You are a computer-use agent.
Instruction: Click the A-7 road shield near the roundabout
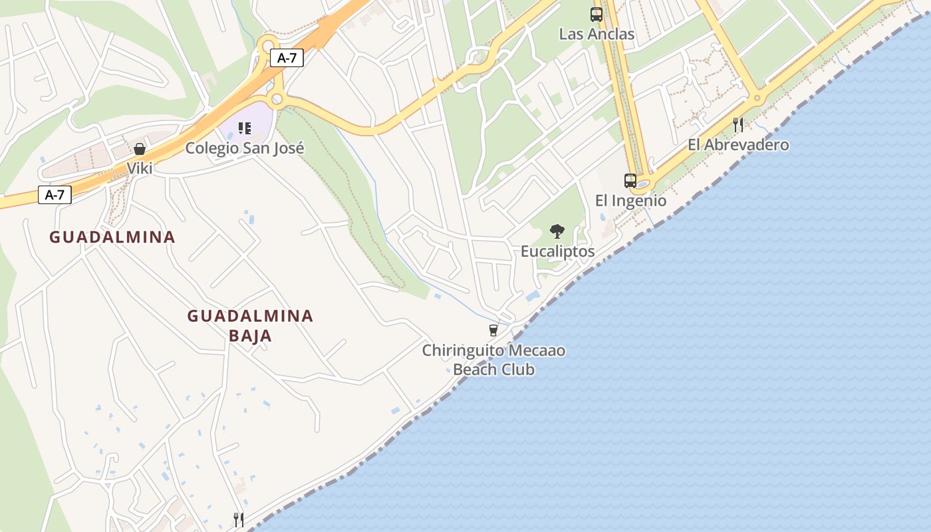(x=287, y=58)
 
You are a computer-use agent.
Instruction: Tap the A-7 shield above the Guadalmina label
(x=55, y=195)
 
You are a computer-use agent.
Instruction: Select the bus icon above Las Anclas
(x=597, y=14)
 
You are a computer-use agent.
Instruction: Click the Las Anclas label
(x=597, y=34)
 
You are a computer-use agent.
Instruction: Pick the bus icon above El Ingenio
(x=630, y=180)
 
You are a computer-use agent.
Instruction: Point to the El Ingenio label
(x=630, y=200)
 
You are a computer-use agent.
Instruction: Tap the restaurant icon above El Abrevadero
(x=737, y=124)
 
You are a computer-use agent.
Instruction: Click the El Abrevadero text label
(x=738, y=144)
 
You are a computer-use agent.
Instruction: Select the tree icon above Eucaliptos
(x=557, y=231)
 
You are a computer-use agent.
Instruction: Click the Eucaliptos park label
(x=557, y=251)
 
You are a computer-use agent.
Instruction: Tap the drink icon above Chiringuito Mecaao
(x=493, y=330)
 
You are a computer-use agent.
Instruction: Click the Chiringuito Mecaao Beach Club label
(x=494, y=360)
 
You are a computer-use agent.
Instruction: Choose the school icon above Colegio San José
(x=245, y=128)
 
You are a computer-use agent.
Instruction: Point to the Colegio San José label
(x=245, y=148)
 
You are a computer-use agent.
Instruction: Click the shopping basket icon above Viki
(x=140, y=149)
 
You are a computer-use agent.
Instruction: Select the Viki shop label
(x=140, y=168)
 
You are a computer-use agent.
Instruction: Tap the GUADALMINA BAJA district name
(x=250, y=325)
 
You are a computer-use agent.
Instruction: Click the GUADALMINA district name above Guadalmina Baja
(x=112, y=237)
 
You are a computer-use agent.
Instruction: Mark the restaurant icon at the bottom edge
(x=239, y=519)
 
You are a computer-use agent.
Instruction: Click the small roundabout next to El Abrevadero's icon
(x=756, y=98)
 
